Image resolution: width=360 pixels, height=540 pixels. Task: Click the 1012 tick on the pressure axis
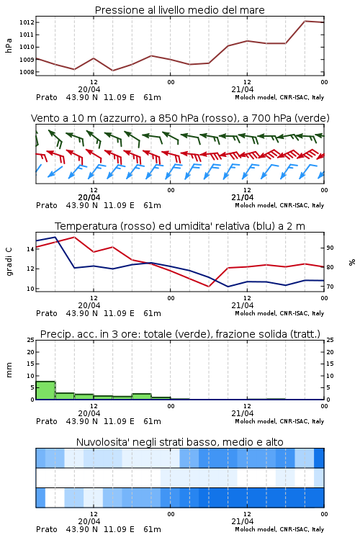coord(26,22)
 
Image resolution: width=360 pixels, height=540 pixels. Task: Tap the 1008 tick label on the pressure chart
coord(26,72)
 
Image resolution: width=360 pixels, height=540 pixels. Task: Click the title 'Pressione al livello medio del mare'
coord(179,10)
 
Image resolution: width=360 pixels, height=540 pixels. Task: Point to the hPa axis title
coord(9,45)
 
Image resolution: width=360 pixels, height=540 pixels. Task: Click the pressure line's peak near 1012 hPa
coord(305,21)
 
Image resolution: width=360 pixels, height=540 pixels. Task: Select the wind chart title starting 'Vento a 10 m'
coord(180,118)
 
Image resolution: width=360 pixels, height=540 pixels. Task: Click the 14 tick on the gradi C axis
coord(30,249)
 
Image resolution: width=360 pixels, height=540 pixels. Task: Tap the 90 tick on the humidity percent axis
coord(330,248)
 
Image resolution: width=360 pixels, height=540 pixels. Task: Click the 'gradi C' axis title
coord(9,261)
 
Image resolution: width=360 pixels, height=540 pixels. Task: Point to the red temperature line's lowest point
coord(208,287)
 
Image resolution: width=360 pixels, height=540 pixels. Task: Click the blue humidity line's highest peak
coord(55,237)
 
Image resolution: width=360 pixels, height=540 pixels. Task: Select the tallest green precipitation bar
coord(45,390)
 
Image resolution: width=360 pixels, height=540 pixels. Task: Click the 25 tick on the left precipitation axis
coord(31,340)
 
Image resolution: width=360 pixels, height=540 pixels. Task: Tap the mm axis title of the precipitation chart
coord(9,369)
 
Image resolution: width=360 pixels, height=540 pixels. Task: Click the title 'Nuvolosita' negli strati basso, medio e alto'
coord(179,442)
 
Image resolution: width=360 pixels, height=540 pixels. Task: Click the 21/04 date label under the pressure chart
coord(243,89)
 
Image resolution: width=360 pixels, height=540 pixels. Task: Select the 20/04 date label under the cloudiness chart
coord(89,521)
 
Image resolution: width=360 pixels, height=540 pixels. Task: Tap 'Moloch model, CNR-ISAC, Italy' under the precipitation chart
coord(279,421)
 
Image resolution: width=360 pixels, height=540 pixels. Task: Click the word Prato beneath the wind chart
coord(47,205)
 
